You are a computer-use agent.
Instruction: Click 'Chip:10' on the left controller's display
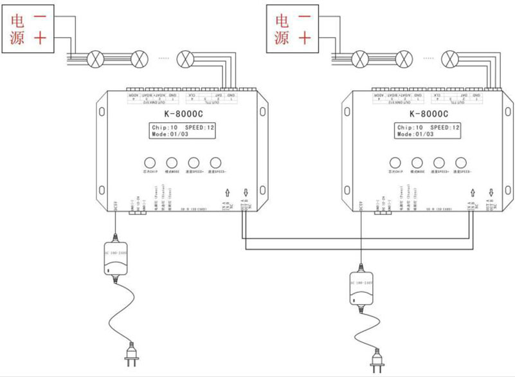coord(163,127)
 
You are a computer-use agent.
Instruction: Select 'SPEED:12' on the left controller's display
coord(197,127)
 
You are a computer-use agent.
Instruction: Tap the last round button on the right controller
coord(460,163)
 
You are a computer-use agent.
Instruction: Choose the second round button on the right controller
coord(417,163)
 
